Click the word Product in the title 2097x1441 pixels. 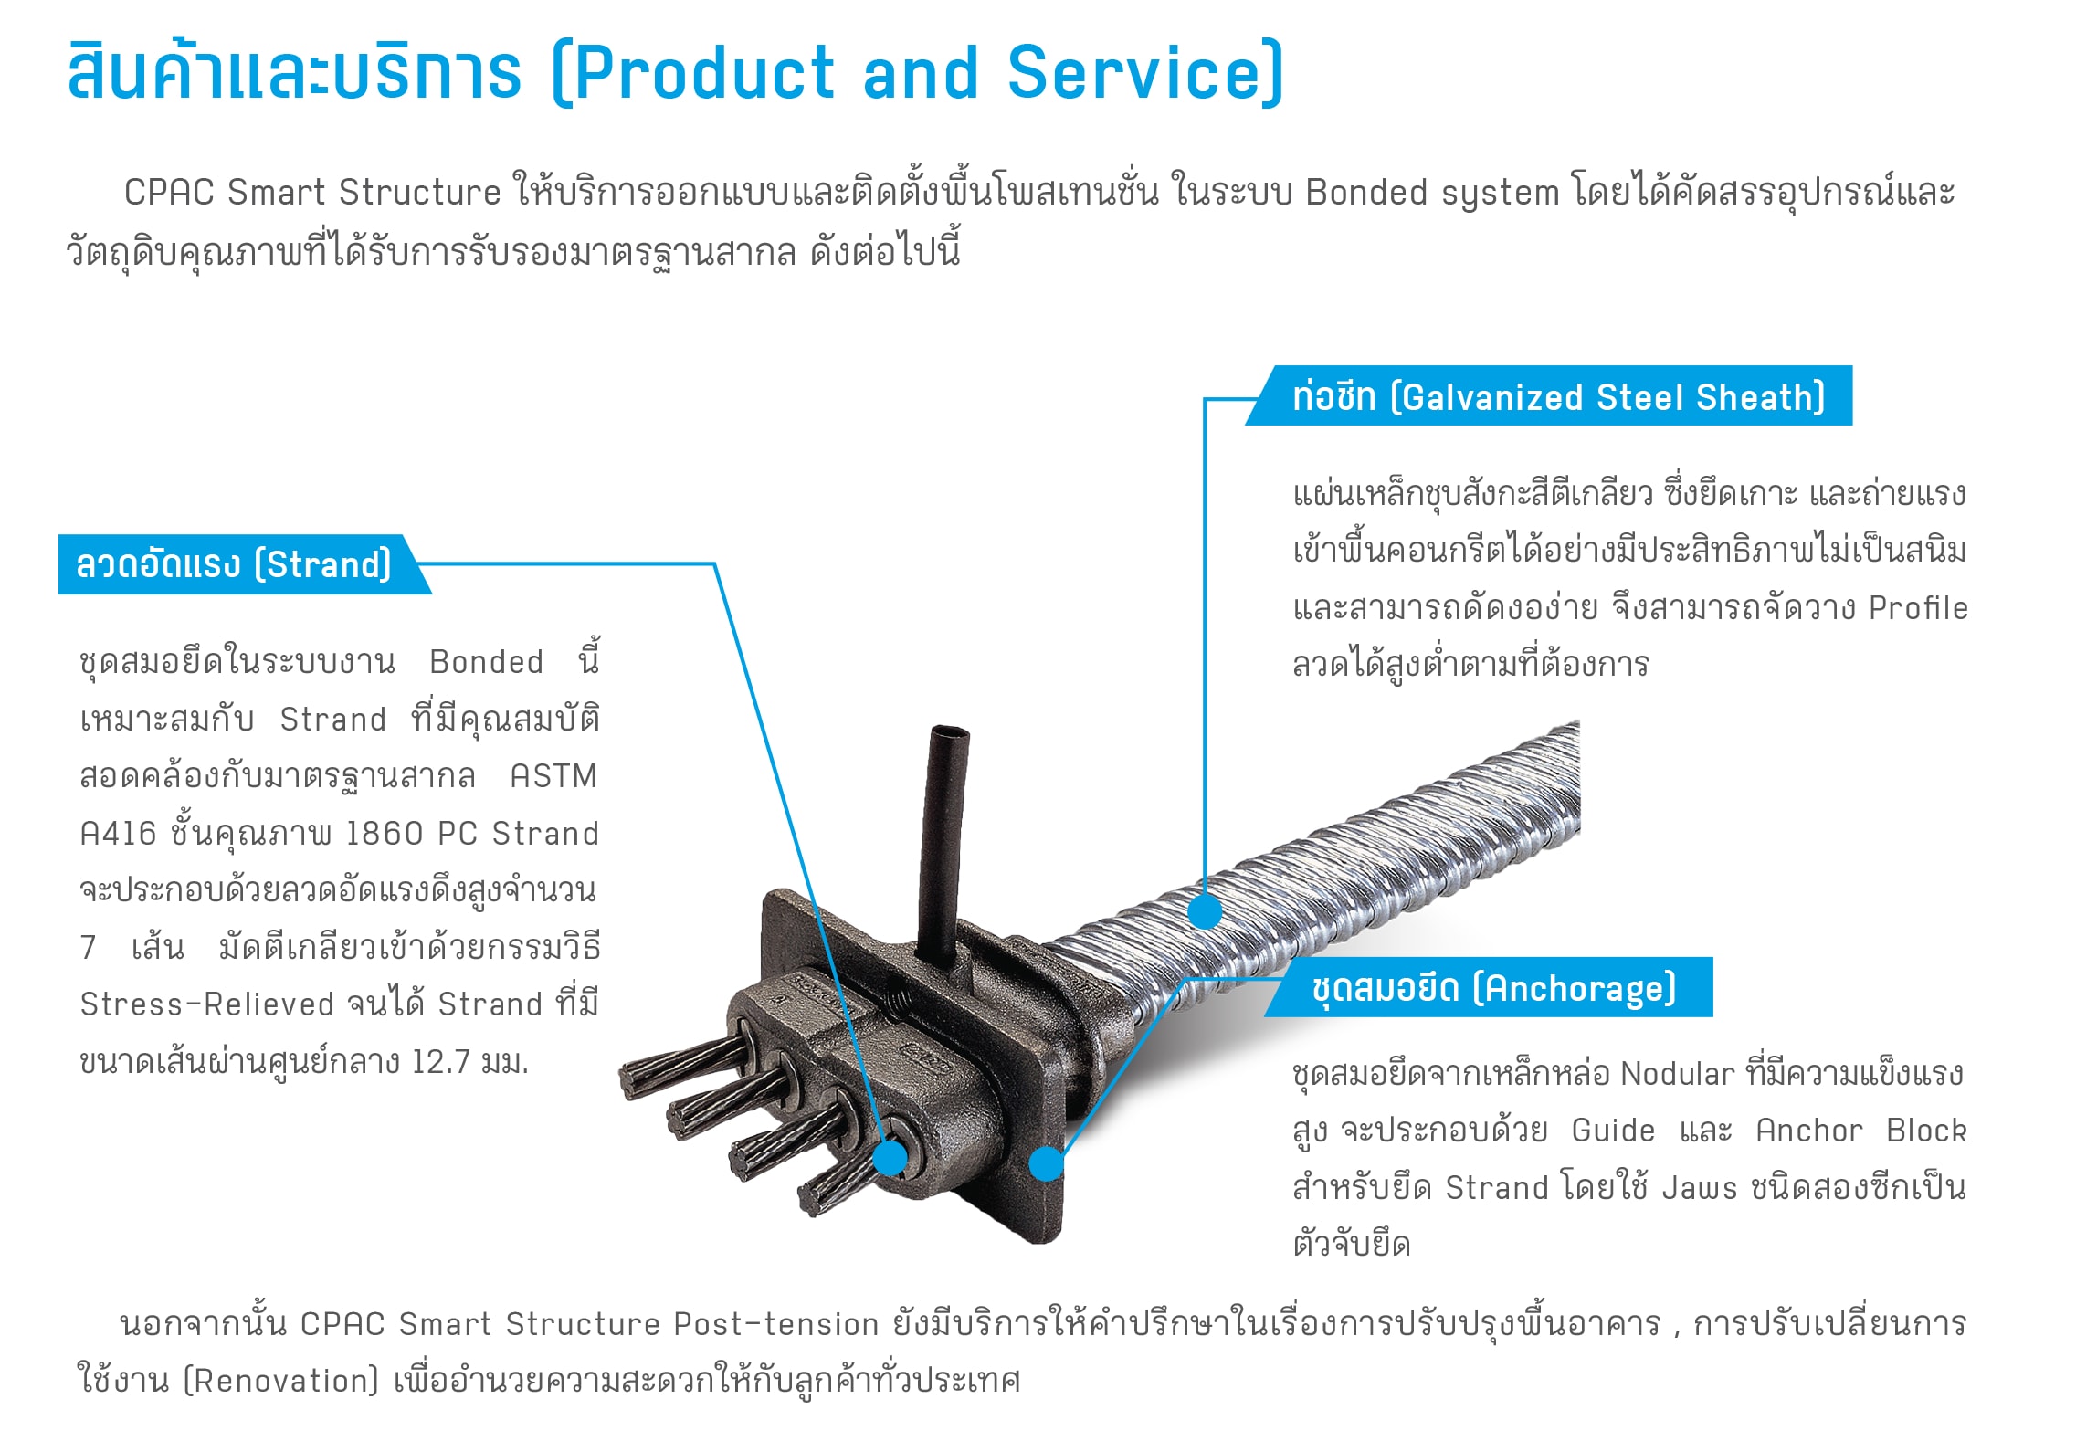(x=704, y=72)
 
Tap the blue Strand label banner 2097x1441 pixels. (x=243, y=564)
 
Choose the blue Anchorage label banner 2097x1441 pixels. (x=1490, y=987)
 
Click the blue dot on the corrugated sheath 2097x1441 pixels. (x=1205, y=910)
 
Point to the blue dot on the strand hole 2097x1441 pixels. (x=890, y=1158)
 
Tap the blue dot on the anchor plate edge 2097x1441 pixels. (x=1047, y=1163)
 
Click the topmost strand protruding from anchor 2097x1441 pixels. (x=685, y=1062)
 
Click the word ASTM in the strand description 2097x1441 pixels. (x=553, y=776)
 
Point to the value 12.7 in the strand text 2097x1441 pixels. (x=441, y=1062)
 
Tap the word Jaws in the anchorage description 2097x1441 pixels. (x=1699, y=1188)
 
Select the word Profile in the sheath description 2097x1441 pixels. (x=1918, y=607)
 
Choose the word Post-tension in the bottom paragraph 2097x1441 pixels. (x=776, y=1323)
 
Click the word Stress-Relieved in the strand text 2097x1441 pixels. (x=207, y=1004)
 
